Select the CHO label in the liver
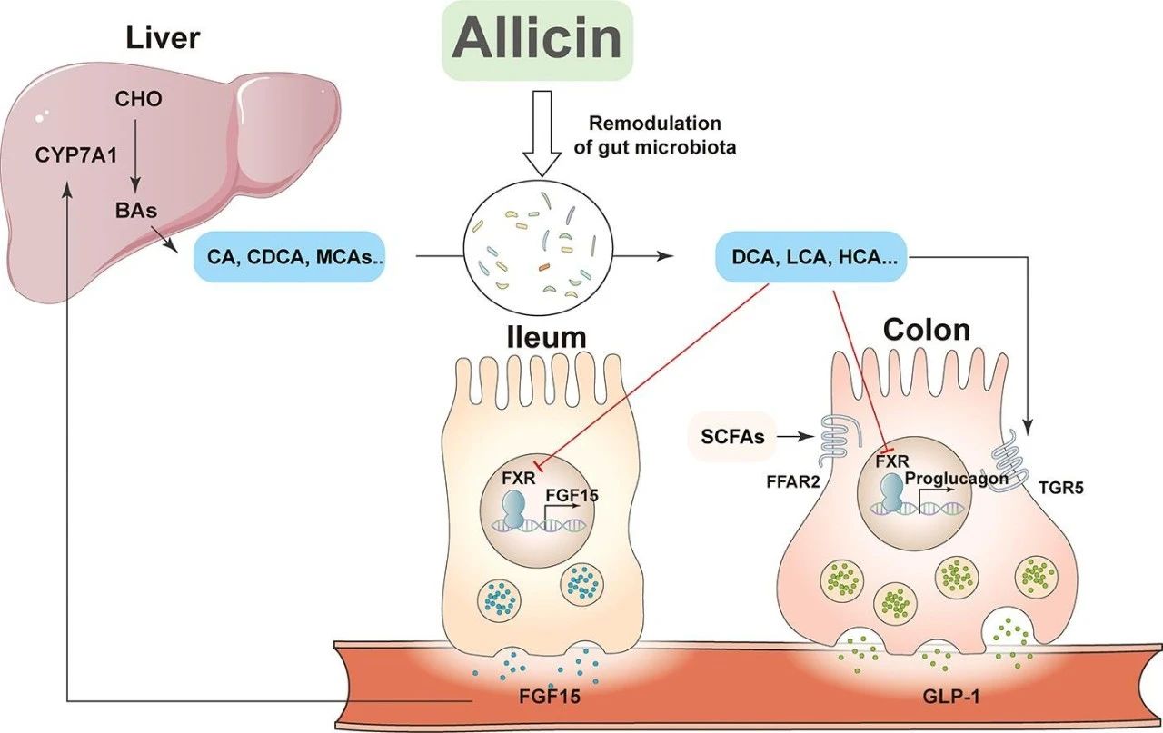138,99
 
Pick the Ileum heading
545,337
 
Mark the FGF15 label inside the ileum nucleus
567,496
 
